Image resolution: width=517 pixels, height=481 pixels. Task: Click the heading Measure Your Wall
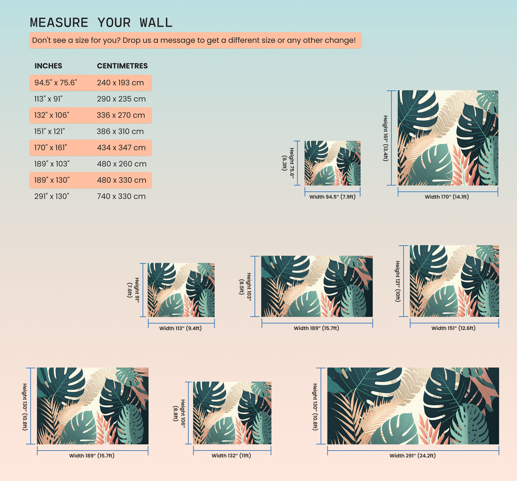click(101, 23)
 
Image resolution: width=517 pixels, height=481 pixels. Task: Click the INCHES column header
click(48, 66)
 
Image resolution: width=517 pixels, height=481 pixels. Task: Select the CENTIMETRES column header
click(122, 66)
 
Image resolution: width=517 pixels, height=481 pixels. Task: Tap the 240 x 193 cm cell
click(120, 83)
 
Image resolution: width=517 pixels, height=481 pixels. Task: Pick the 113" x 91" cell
click(48, 99)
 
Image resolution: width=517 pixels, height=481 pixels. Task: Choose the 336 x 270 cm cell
click(121, 115)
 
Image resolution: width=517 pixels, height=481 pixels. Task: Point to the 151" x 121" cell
click(49, 131)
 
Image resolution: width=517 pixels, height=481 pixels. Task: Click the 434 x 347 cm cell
click(121, 148)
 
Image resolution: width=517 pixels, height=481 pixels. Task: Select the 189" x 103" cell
click(52, 164)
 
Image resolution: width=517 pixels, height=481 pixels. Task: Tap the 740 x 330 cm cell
click(121, 196)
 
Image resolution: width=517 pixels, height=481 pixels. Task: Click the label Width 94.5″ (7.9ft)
click(332, 197)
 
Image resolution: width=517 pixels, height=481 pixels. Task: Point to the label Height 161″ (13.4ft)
click(385, 138)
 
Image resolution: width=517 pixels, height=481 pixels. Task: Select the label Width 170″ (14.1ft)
click(447, 197)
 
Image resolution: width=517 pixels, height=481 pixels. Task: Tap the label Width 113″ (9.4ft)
click(180, 328)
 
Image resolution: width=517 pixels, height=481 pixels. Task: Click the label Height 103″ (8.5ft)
click(245, 287)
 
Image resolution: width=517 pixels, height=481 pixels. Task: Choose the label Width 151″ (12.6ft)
click(454, 328)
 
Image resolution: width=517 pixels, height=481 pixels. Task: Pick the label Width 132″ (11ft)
click(231, 455)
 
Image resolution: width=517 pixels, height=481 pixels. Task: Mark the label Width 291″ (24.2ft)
click(413, 455)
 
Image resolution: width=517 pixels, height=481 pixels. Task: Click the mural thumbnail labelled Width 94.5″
click(333, 163)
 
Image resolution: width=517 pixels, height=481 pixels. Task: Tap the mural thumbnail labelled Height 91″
click(181, 290)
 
